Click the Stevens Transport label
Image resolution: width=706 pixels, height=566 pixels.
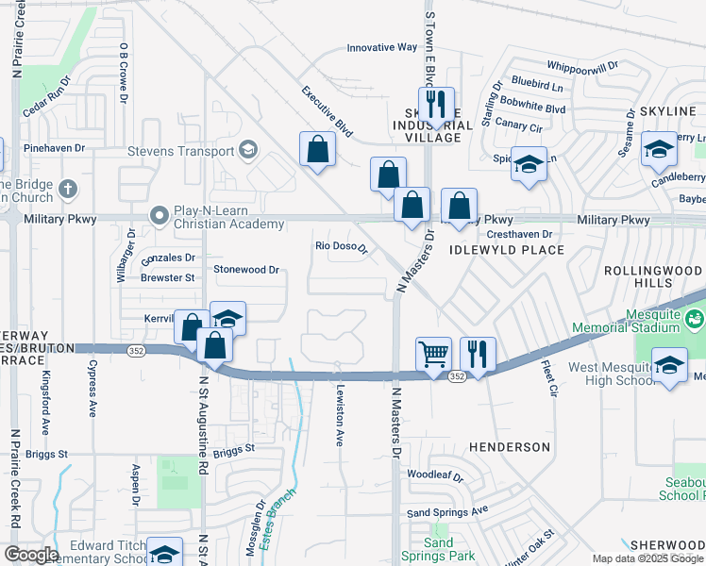pyautogui.click(x=181, y=151)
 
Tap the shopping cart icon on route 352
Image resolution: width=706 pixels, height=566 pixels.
pyautogui.click(x=434, y=355)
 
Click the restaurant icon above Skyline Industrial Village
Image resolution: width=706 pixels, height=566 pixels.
pyautogui.click(x=435, y=103)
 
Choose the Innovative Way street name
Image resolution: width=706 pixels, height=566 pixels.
pyautogui.click(x=381, y=47)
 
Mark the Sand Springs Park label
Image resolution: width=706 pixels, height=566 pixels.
pyautogui.click(x=439, y=549)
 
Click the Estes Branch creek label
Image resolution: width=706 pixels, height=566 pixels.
pyautogui.click(x=278, y=515)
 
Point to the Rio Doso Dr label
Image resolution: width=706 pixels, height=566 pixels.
pyautogui.click(x=341, y=249)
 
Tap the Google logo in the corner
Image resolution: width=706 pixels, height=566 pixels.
pyautogui.click(x=31, y=555)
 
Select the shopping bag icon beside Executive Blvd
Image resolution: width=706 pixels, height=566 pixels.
pyautogui.click(x=318, y=148)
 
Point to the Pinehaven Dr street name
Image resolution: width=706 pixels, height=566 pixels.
pyautogui.click(x=54, y=148)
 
